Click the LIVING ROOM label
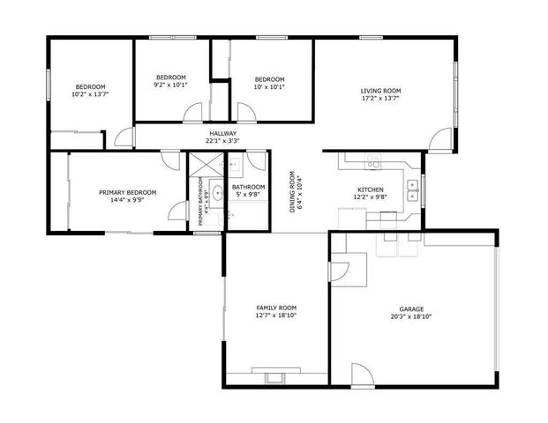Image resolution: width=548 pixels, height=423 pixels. [380, 91]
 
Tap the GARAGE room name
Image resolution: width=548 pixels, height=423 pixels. [411, 308]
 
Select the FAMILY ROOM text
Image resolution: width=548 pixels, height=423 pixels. [276, 308]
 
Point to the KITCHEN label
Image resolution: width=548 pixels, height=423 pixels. [370, 189]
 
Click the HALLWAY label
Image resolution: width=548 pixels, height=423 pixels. [222, 133]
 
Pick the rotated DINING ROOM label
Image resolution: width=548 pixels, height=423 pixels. [292, 192]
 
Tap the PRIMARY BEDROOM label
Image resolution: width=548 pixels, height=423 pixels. [127, 192]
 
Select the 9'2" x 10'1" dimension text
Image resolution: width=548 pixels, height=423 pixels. [171, 86]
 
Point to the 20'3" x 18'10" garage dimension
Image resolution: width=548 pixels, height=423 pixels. [411, 316]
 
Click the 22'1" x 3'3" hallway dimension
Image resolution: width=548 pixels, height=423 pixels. [222, 140]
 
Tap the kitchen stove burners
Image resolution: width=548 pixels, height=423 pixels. [373, 161]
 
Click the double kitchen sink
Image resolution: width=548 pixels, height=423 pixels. [412, 189]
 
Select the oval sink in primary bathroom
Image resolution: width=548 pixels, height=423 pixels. [217, 192]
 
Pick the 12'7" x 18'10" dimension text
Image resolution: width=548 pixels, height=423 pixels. [276, 315]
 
